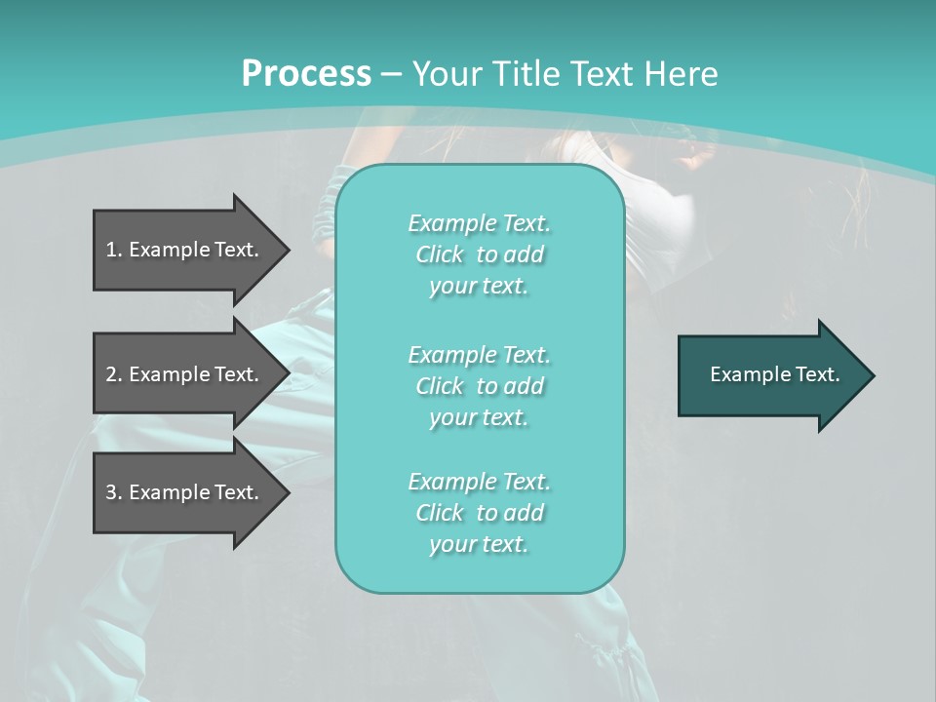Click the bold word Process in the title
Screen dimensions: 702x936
click(x=306, y=73)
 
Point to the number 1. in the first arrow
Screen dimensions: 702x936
click(x=114, y=250)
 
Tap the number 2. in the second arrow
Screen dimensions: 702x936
click(x=114, y=374)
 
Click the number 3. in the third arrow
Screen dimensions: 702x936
click(x=114, y=492)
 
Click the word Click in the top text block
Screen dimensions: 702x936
click(x=440, y=254)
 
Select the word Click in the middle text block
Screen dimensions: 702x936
click(x=440, y=386)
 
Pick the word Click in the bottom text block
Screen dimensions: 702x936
click(x=440, y=513)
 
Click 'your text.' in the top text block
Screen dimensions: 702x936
click(x=479, y=287)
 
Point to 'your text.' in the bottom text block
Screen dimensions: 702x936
click(x=479, y=545)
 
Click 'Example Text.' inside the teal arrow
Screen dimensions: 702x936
click(x=775, y=374)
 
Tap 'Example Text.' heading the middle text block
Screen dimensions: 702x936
click(x=479, y=355)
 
